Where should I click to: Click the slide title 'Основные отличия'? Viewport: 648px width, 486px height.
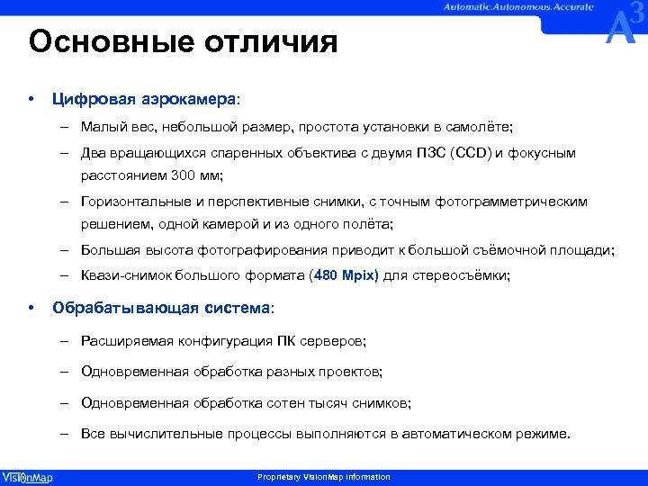(x=183, y=42)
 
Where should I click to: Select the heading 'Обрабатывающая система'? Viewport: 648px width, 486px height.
(x=161, y=308)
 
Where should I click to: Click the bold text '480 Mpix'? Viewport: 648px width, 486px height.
(x=346, y=276)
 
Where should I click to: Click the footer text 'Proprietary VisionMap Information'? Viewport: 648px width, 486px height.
(x=324, y=477)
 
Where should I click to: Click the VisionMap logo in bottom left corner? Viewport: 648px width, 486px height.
(x=27, y=477)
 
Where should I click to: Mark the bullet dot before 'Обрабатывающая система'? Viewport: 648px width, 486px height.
(x=31, y=308)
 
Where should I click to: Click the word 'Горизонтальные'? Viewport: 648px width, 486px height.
(x=128, y=202)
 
